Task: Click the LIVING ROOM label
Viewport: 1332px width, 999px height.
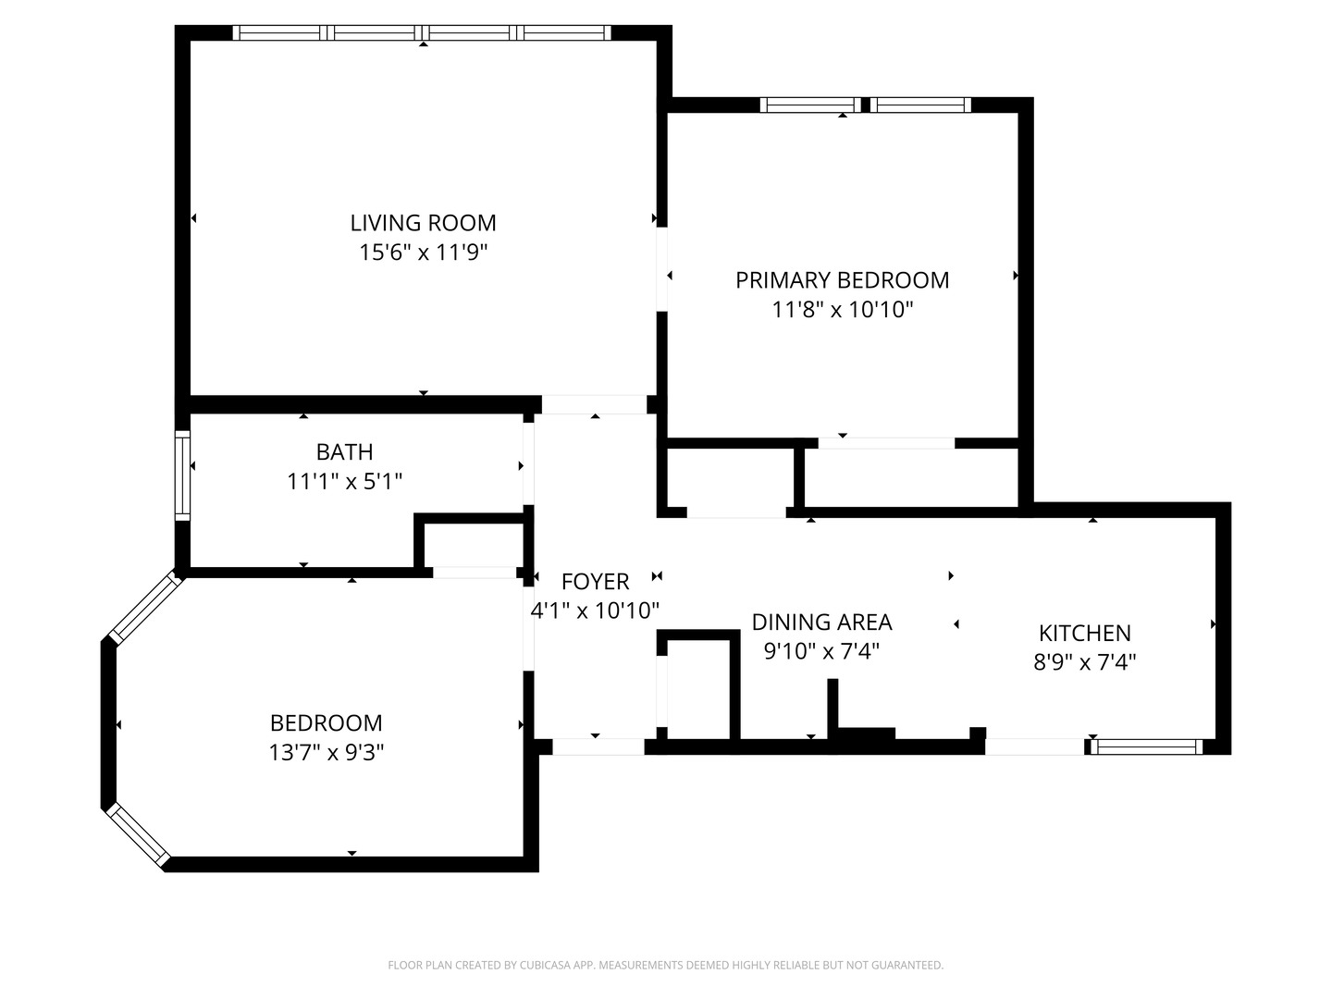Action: pyautogui.click(x=423, y=223)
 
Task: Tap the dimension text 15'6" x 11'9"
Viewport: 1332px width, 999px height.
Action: pyautogui.click(x=423, y=253)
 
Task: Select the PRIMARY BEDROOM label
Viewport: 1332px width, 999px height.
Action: pyautogui.click(x=842, y=280)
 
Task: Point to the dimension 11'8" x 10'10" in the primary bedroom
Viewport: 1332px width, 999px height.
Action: pyautogui.click(x=842, y=310)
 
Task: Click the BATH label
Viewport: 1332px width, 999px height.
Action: pyautogui.click(x=344, y=452)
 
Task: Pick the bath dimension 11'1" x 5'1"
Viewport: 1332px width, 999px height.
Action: pyautogui.click(x=344, y=482)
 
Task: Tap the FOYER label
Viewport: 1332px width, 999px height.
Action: pyautogui.click(x=595, y=582)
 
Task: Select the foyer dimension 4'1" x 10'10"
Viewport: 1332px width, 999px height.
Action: pyautogui.click(x=595, y=610)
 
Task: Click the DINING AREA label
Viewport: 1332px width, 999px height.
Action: pyautogui.click(x=821, y=623)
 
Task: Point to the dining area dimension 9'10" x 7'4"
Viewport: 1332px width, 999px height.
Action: pyautogui.click(x=821, y=651)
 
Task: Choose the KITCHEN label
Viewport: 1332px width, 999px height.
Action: pyautogui.click(x=1084, y=634)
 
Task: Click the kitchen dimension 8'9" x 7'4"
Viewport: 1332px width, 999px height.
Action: pyautogui.click(x=1084, y=662)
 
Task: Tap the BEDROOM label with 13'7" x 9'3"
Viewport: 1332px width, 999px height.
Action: pyautogui.click(x=326, y=723)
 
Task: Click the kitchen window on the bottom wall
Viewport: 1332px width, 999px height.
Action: pyautogui.click(x=1145, y=746)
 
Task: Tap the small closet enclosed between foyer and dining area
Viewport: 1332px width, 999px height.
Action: pyautogui.click(x=699, y=686)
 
